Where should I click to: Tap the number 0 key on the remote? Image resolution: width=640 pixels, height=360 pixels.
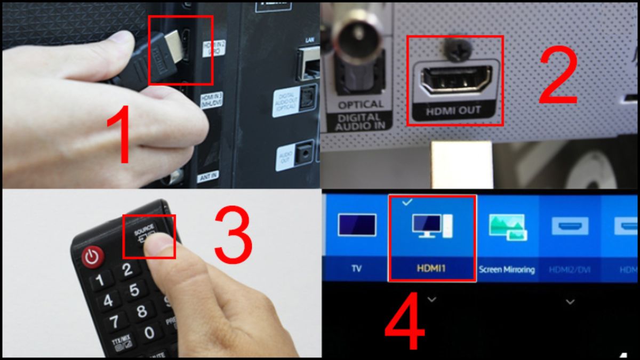(x=150, y=333)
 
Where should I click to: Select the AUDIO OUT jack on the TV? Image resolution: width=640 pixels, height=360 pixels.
(x=305, y=153)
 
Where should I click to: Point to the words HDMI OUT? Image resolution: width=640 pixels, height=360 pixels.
(x=455, y=111)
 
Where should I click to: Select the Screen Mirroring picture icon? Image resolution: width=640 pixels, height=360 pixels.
(x=507, y=226)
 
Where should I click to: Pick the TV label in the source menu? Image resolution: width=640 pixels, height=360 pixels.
(x=356, y=269)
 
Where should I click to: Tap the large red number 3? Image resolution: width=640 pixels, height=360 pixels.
(x=233, y=235)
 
